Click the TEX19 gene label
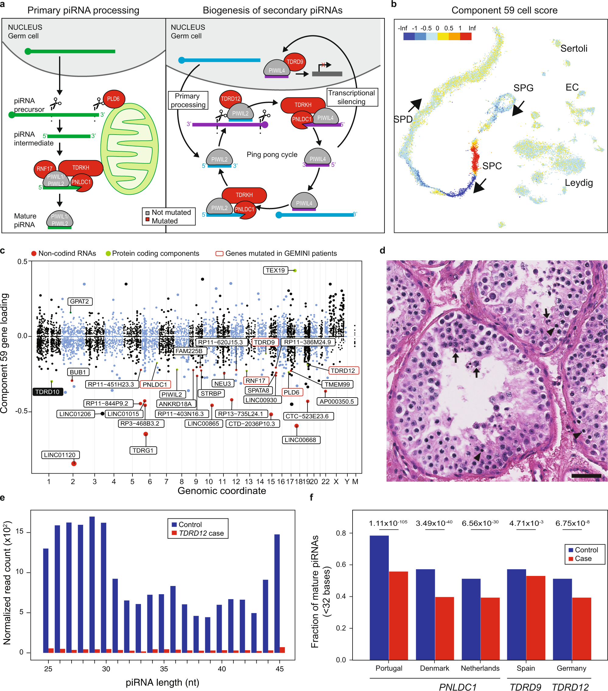[x=275, y=270]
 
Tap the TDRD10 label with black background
[x=47, y=392]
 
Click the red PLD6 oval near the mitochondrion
[x=114, y=99]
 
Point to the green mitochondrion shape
[x=129, y=149]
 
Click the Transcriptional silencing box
[x=351, y=97]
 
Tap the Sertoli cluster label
[x=574, y=48]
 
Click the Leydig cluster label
[x=578, y=183]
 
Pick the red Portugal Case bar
[x=398, y=615]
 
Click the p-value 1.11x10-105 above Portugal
[x=388, y=523]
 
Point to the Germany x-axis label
[x=571, y=668]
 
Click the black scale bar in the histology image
[x=586, y=476]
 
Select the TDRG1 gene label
[x=143, y=450]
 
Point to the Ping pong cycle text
[x=272, y=155]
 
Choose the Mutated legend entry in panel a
[x=164, y=221]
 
